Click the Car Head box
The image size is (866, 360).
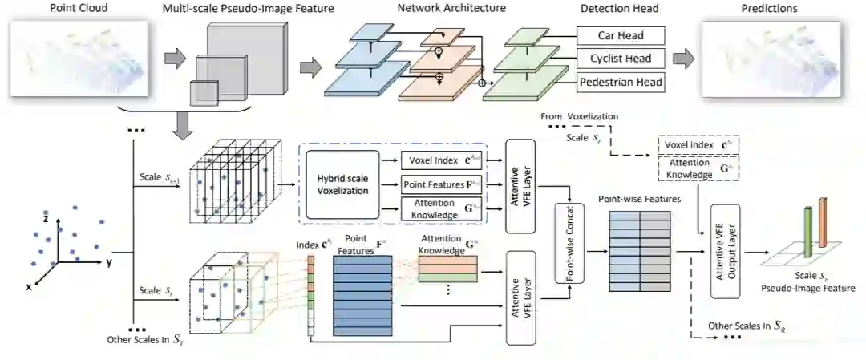click(621, 36)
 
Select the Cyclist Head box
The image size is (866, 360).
click(621, 59)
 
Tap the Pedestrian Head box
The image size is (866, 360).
click(621, 82)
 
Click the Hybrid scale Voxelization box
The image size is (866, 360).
click(342, 184)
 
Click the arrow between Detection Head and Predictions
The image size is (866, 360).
click(682, 60)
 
